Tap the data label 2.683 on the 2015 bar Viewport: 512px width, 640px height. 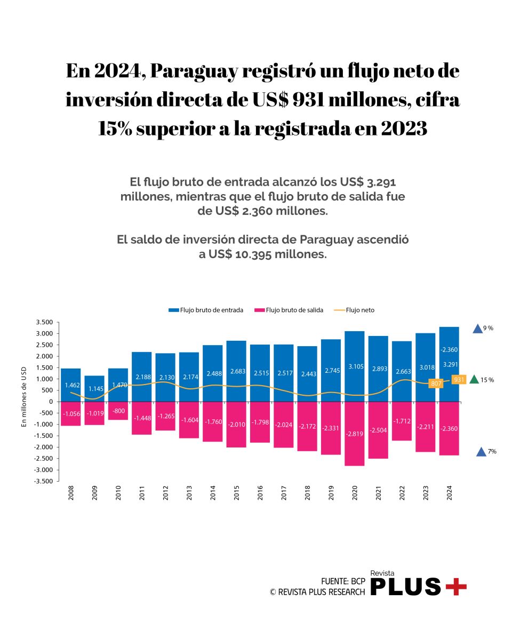coord(236,371)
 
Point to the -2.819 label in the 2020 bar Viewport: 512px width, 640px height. coord(354,434)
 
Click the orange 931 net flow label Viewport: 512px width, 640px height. coord(458,379)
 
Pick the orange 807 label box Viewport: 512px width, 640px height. coord(436,383)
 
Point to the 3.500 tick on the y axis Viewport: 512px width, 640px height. coord(45,323)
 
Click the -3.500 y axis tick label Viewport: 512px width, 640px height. coord(44,482)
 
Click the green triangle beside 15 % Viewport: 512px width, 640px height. coord(474,380)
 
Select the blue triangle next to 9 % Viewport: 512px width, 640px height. coord(477,329)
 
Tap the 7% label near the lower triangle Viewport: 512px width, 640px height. coord(492,451)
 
